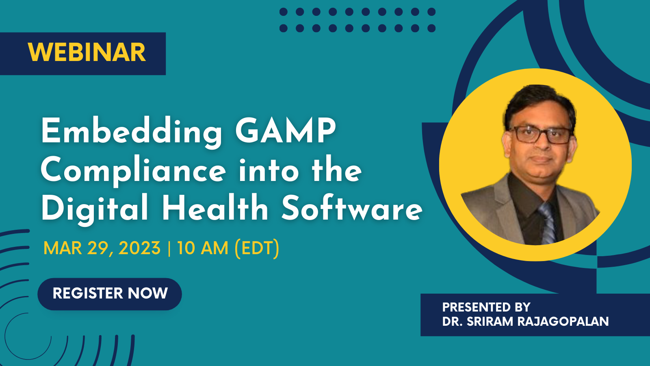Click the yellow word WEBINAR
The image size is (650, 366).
coord(87,52)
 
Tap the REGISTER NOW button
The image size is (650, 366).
coord(110,294)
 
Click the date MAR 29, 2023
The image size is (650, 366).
coord(102,248)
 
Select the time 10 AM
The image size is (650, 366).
coord(203,248)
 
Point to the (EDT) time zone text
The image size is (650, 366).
coord(257,248)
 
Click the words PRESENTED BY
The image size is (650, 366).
coord(486,307)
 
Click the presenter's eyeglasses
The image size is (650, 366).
coord(540,135)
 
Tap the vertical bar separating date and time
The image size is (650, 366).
coord(169,248)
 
